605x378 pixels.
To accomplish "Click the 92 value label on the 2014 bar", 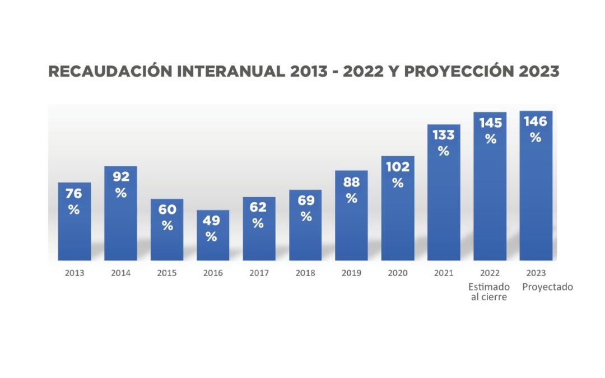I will pos(121,177).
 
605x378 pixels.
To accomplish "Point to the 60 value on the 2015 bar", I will pos(167,210).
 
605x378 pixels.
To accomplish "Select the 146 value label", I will pos(536,122).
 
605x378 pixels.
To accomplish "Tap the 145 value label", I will pos(490,123).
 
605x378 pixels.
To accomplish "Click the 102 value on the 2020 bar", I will pos(398,166).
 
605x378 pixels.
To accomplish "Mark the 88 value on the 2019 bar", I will pos(351,182).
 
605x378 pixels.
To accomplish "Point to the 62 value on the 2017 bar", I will pos(258,207).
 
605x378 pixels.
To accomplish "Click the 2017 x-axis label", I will pos(259,273).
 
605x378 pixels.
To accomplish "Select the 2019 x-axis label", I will pos(351,273).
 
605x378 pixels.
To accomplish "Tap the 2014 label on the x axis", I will pos(120,273).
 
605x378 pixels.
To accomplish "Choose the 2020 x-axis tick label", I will pos(398,273).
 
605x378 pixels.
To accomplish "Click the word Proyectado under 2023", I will pos(547,287).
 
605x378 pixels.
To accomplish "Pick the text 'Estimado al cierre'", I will pos(489,292).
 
